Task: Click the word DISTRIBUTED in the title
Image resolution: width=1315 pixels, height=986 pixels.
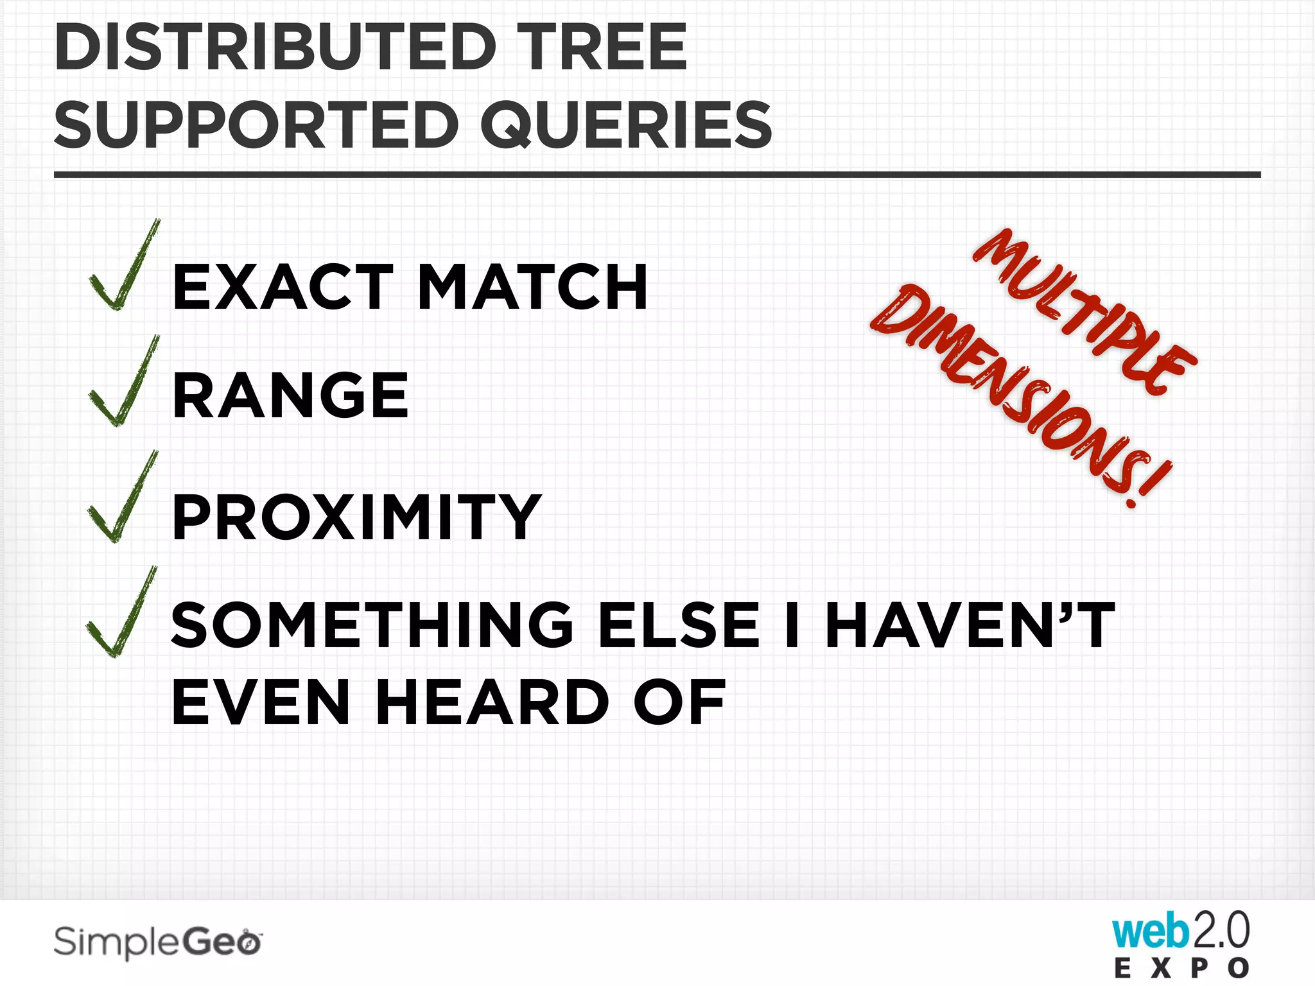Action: [276, 48]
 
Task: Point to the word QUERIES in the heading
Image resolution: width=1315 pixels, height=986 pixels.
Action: [626, 126]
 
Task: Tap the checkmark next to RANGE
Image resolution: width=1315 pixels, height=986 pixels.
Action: [123, 383]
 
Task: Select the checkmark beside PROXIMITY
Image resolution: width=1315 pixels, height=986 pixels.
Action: [121, 498]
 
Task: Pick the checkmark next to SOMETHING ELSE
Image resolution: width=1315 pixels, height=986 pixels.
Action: [121, 614]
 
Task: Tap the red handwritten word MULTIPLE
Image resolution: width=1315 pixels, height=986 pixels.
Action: [1084, 311]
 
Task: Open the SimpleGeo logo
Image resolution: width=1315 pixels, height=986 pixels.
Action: [158, 942]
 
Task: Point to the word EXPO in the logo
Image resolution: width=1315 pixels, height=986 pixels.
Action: [1181, 968]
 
